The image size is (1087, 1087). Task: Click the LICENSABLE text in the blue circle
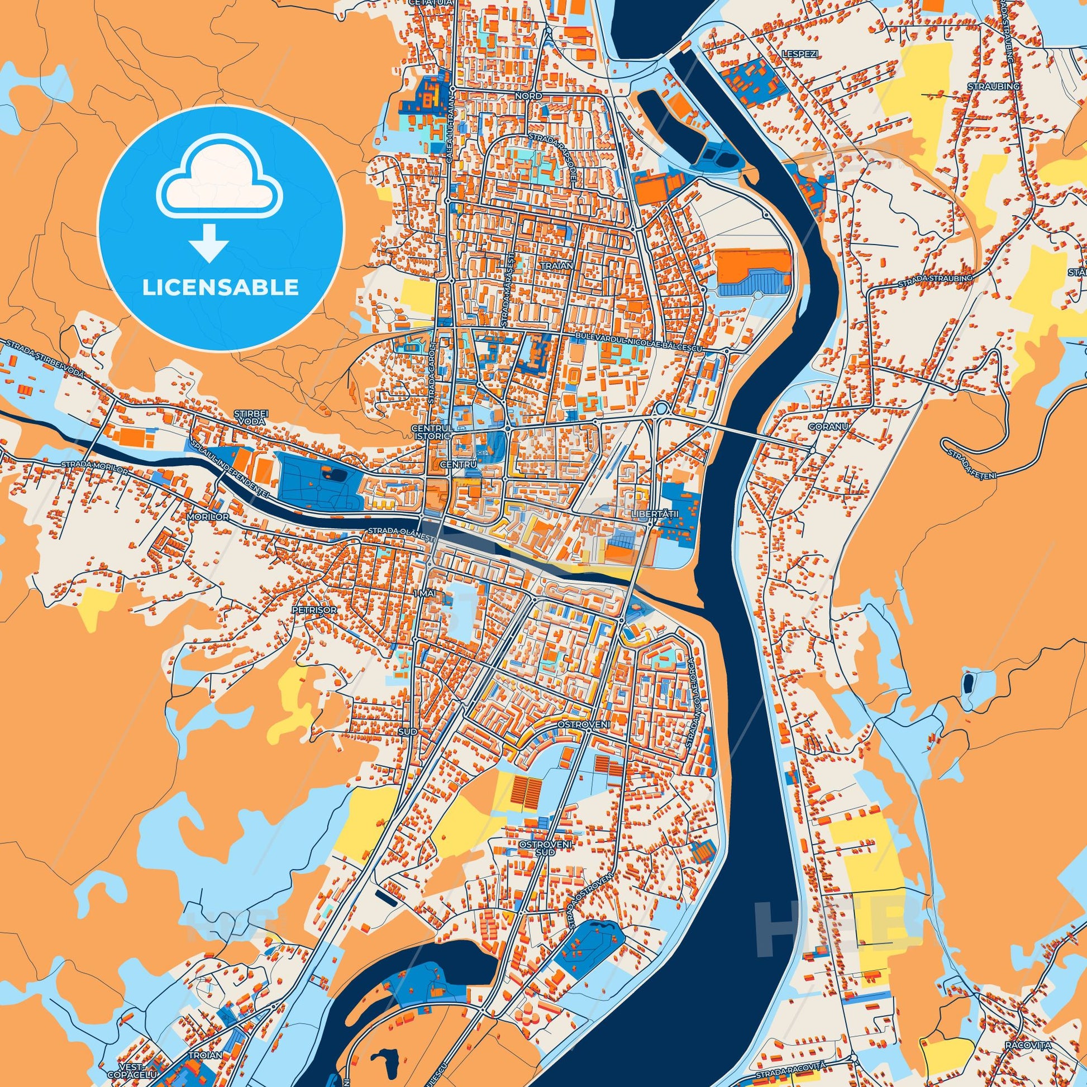coord(220,288)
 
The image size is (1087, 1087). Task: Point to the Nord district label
coord(528,96)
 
